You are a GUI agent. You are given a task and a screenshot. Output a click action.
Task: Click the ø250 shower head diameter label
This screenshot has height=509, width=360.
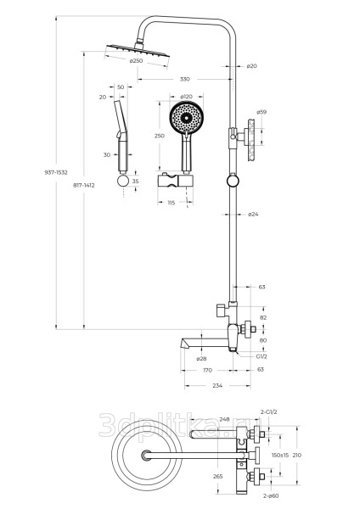pos(136,61)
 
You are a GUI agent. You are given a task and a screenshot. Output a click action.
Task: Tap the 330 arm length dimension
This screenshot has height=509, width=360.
pos(184,79)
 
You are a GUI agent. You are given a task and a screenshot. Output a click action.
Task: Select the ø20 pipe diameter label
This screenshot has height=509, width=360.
pos(251,66)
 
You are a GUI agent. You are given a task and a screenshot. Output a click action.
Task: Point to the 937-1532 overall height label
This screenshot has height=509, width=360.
pos(56,172)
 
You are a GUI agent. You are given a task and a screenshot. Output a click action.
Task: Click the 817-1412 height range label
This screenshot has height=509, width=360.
pos(84,185)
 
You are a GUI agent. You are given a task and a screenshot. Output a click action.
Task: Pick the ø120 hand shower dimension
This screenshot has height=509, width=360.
pos(186,97)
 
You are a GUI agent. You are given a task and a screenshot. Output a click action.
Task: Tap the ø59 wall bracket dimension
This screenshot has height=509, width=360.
pos(262,112)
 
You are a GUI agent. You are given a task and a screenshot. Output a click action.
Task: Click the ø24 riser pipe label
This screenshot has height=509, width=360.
pos(253,215)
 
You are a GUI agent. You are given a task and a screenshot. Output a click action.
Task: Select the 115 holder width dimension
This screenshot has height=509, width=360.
pos(171,203)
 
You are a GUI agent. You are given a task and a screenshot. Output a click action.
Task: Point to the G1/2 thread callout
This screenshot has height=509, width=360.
pos(262,356)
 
